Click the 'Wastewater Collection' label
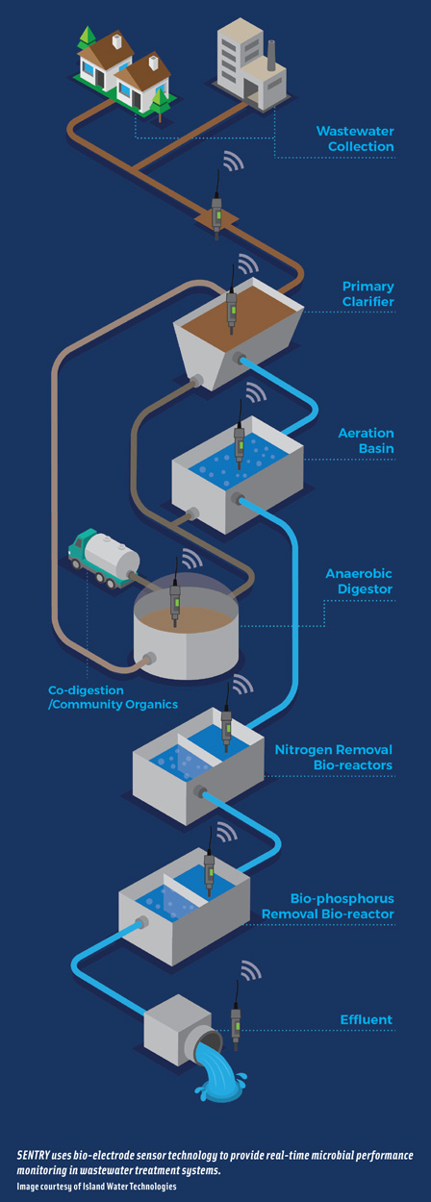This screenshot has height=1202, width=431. coord(355,138)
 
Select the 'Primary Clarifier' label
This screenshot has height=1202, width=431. coord(368,294)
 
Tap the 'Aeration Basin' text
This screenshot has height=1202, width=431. coord(366,441)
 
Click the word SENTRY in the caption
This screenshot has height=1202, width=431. coord(37,1154)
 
